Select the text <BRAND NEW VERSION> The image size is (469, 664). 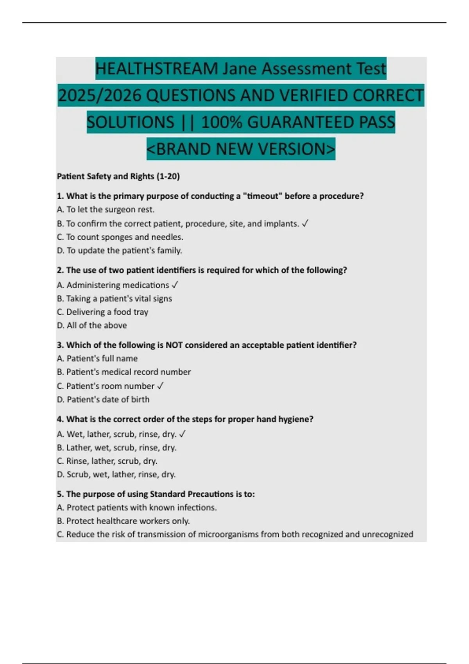pos(241,149)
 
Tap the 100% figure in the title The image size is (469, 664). pos(222,123)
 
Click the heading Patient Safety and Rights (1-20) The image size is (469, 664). pos(118,177)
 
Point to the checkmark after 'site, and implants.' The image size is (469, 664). pos(305,223)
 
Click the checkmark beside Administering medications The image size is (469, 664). pos(175,285)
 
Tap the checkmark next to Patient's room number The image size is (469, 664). pos(160,386)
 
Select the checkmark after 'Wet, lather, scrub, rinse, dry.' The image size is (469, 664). pos(182,434)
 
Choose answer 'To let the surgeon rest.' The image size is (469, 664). pos(106,210)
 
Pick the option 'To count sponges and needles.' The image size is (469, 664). pos(120,237)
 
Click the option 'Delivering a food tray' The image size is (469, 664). pos(102,312)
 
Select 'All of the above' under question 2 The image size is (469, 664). pos(92,325)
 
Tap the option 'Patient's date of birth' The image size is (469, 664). pos(103,400)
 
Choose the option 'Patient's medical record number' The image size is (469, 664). pos(124,372)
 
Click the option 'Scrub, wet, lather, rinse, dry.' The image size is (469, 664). pos(116,475)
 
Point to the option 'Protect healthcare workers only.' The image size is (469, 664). pos(123,521)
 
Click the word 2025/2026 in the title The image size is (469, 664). pos(99,96)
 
